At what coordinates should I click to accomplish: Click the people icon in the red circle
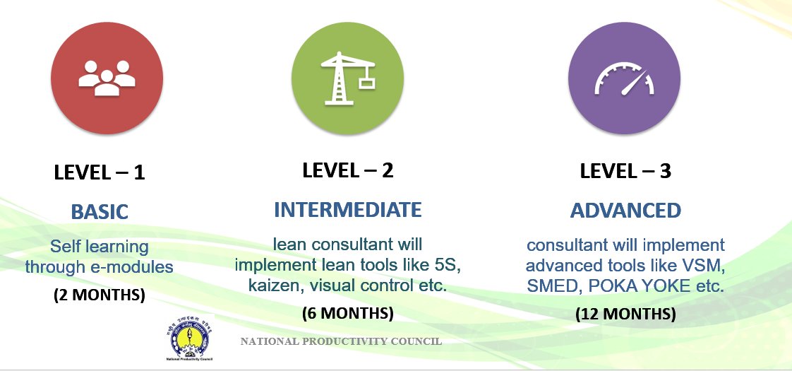point(107,77)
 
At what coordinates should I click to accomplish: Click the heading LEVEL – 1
point(100,172)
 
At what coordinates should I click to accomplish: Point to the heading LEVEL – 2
point(347,170)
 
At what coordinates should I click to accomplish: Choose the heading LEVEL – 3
point(625,171)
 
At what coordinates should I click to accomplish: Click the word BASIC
point(100,211)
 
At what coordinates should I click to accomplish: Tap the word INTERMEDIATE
point(347,210)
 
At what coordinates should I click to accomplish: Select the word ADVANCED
point(625,211)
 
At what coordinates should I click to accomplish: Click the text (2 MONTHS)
point(100,295)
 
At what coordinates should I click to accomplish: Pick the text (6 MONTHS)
point(347,312)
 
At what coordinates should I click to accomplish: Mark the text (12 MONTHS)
point(625,314)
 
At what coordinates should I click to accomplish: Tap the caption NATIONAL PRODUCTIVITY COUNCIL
point(341,341)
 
